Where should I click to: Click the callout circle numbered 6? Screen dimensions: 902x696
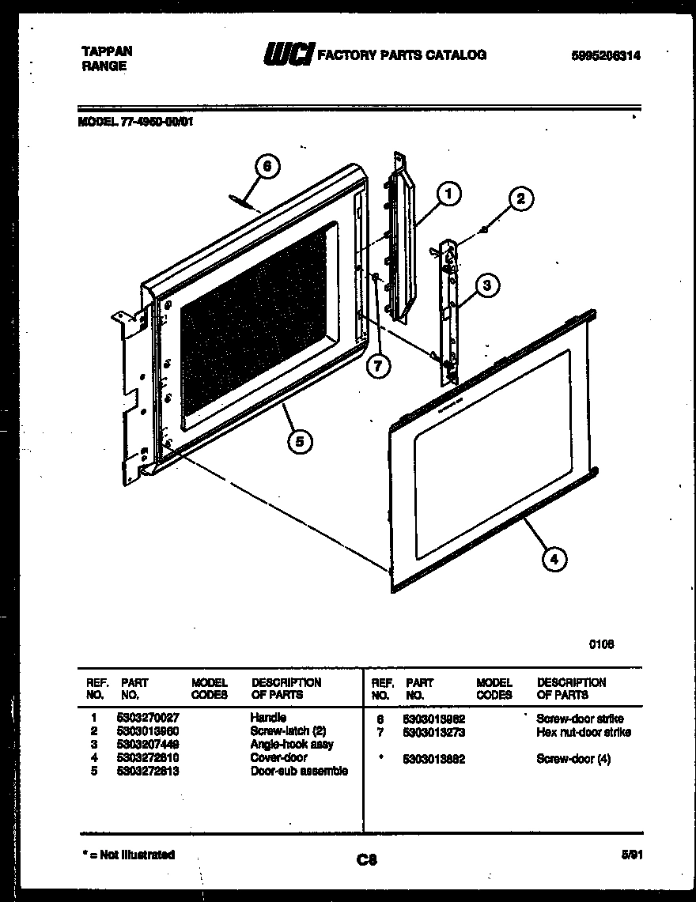pyautogui.click(x=267, y=166)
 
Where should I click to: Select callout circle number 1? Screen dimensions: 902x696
pyautogui.click(x=448, y=193)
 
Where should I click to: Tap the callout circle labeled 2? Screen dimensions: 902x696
pyautogui.click(x=520, y=199)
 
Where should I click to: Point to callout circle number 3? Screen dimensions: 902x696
pyautogui.click(x=488, y=287)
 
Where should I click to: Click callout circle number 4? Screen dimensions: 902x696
pyautogui.click(x=554, y=560)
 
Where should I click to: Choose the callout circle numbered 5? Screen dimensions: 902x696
pyautogui.click(x=299, y=442)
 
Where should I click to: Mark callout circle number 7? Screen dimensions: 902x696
pyautogui.click(x=378, y=366)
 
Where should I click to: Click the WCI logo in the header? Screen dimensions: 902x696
pyautogui.click(x=288, y=55)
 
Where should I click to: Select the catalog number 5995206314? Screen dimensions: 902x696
pyautogui.click(x=605, y=55)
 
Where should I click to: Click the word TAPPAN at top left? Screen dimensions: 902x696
pyautogui.click(x=107, y=51)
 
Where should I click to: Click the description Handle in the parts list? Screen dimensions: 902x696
pyautogui.click(x=268, y=718)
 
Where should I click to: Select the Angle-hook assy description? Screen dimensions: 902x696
pyautogui.click(x=292, y=745)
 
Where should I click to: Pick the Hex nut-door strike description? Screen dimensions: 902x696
pyautogui.click(x=583, y=732)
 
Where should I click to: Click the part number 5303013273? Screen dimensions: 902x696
pyautogui.click(x=433, y=732)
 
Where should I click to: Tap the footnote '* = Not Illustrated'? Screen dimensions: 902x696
pyautogui.click(x=129, y=855)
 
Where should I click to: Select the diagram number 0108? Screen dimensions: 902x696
pyautogui.click(x=601, y=644)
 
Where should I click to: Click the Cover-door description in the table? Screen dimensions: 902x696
pyautogui.click(x=278, y=757)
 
